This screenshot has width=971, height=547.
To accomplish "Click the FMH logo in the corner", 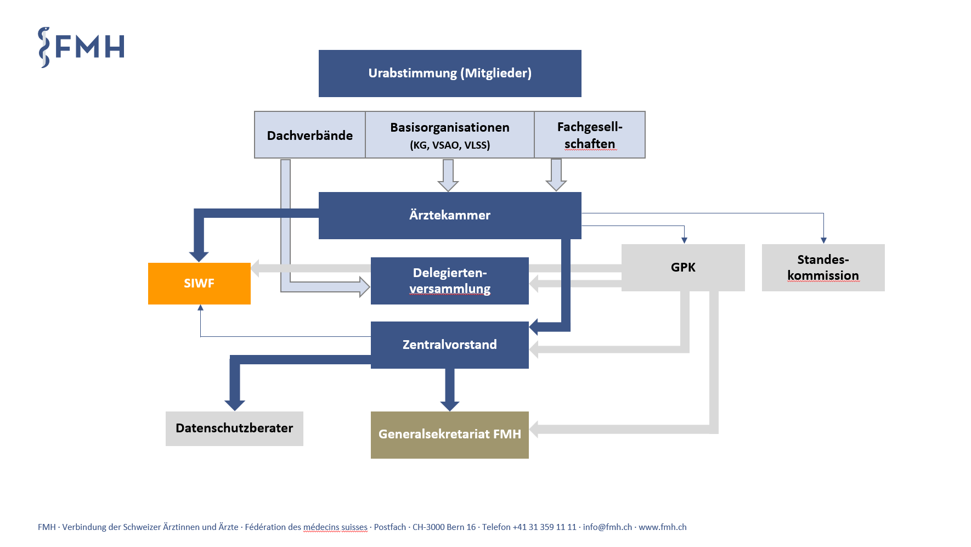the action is [81, 47].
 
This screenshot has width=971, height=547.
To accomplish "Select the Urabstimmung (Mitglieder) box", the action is [450, 74].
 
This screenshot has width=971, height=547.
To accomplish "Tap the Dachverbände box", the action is [310, 135].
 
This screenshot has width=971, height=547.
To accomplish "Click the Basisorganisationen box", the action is [450, 135].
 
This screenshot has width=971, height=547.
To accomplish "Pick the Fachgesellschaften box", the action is [590, 135].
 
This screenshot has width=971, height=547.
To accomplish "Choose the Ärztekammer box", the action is [450, 215].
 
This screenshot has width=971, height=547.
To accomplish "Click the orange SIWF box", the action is [199, 283].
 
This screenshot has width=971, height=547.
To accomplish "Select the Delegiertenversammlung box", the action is [450, 281].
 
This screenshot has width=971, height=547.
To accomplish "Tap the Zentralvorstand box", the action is [450, 345].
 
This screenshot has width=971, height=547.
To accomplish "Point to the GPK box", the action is [683, 267].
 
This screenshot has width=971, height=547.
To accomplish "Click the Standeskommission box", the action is [823, 267].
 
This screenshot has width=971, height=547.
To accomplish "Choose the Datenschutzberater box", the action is [234, 428].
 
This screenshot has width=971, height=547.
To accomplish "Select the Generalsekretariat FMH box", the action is [450, 435].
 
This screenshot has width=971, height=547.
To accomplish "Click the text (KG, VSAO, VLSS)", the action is [450, 145].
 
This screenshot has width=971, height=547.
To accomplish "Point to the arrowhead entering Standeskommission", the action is [823, 240].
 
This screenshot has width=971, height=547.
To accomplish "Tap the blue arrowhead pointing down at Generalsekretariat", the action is [450, 406].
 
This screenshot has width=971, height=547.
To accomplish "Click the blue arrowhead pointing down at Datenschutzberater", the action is [235, 405].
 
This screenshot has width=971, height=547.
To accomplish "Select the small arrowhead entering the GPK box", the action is [684, 240].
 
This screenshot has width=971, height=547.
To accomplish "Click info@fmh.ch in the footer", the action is [607, 527].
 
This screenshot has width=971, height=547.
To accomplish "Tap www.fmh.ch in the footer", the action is [663, 527].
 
